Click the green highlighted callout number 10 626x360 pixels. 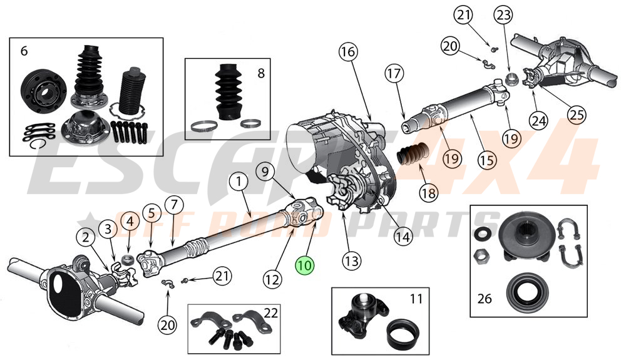tap(305, 265)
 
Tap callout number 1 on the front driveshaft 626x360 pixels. tap(239, 182)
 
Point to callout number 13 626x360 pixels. tap(351, 259)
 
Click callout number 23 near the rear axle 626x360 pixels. tap(503, 14)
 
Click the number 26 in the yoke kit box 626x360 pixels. tap(484, 298)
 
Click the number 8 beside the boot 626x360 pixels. tap(261, 73)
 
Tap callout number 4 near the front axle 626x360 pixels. tap(130, 221)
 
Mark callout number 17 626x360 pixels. tap(393, 74)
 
